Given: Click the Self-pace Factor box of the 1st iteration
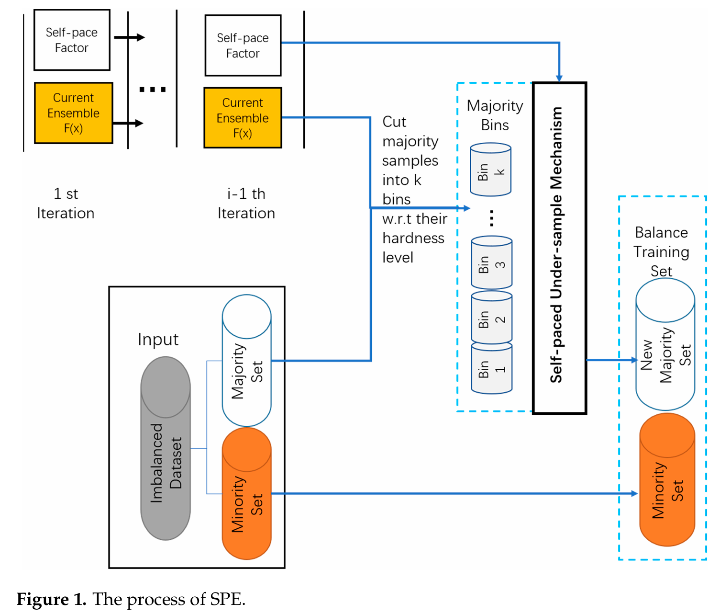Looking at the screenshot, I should coord(72,40).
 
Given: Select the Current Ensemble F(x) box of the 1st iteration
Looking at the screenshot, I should coord(74,113).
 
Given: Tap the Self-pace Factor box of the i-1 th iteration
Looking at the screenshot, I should coord(243,45).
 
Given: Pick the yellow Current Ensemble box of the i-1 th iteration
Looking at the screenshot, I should coord(243,118).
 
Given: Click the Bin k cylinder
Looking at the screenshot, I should coord(490,170).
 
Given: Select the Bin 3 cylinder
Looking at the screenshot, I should coord(491,263).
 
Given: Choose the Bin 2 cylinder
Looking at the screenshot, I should coord(491,318).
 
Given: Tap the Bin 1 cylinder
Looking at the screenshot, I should coord(491,369).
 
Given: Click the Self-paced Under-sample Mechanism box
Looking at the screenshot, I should coord(559,248).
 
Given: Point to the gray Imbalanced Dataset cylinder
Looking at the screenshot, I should coord(166,448).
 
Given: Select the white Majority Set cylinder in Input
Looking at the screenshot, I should coord(246,361).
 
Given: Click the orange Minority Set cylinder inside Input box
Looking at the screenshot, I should coord(246,493).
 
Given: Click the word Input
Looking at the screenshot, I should coord(158,340).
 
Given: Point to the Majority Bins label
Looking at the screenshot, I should coord(495,115).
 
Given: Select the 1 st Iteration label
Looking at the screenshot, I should coord(66,204).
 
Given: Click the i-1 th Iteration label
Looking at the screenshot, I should coord(246,204).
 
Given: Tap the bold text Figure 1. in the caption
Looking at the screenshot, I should coord(51,599).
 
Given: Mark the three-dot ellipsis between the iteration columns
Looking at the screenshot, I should coord(152,90).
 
